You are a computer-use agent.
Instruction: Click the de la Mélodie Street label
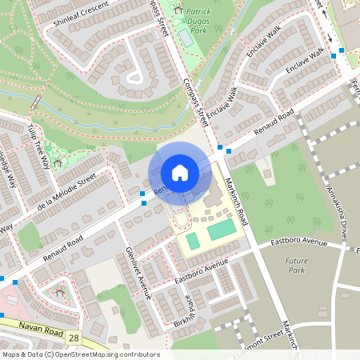(66, 194)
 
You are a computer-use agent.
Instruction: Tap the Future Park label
(297, 266)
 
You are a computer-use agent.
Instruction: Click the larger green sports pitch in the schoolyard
(222, 231)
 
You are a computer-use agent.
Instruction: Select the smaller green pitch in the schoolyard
(193, 240)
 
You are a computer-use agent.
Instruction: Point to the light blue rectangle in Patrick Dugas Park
(186, 37)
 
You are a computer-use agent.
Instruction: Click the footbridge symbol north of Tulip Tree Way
(35, 102)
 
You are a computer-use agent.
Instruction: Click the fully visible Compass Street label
(195, 97)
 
